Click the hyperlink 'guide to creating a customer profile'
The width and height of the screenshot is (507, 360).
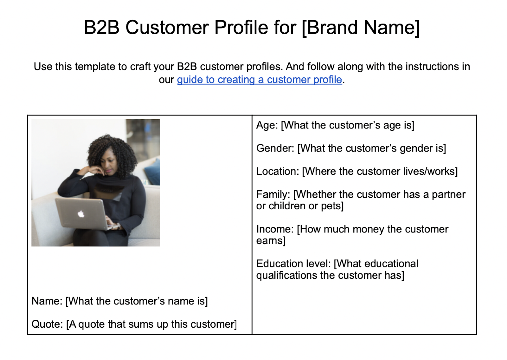pyautogui.click(x=259, y=80)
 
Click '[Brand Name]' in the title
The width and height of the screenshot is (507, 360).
pyautogui.click(x=361, y=28)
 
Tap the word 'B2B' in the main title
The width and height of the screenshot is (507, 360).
pyautogui.click(x=101, y=28)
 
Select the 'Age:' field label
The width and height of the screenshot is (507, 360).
pyautogui.click(x=267, y=126)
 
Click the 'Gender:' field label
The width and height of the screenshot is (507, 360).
pyautogui.click(x=275, y=148)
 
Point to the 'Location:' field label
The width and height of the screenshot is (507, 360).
pyautogui.click(x=277, y=172)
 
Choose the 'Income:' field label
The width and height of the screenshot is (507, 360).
pyautogui.click(x=275, y=229)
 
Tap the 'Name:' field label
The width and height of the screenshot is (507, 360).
pyautogui.click(x=47, y=301)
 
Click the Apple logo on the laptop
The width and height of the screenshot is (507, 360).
pyautogui.click(x=81, y=214)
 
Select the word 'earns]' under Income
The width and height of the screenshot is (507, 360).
pyautogui.click(x=271, y=241)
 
